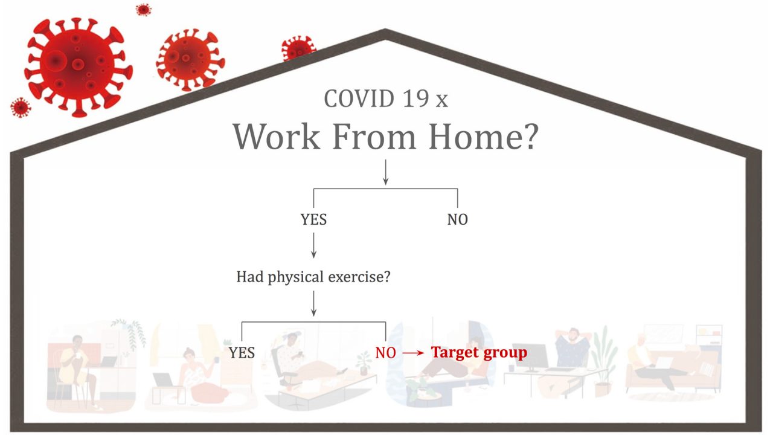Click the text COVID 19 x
pos(386,98)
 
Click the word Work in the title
pos(277,137)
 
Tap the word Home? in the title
pos(483,137)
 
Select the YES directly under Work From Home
pos(313,219)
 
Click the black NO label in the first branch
pos(458,219)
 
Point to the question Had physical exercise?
pos(313,277)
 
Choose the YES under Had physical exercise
pos(242,353)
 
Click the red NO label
pos(385,353)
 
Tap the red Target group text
pos(479,353)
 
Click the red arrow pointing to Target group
pos(414,353)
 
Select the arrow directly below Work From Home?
pos(386,172)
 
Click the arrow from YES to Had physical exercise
pos(313,245)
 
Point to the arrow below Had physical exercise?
pos(313,303)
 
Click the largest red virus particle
pos(79,66)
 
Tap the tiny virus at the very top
pos(143,9)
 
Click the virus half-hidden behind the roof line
pos(298,48)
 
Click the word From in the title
pos(374,137)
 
